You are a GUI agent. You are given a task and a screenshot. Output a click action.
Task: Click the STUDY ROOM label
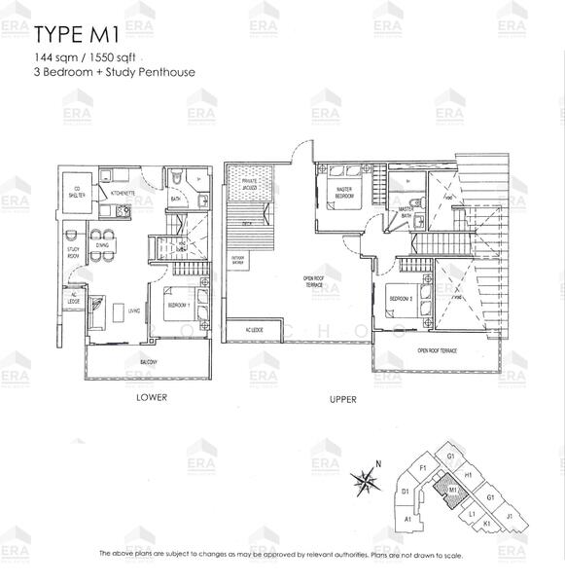pos(73,252)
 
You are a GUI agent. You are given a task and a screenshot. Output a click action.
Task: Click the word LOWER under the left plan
pos(152,397)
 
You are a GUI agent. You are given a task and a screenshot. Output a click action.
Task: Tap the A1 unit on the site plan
pos(407,521)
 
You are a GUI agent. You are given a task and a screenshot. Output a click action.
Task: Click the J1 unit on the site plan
pos(510,518)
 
